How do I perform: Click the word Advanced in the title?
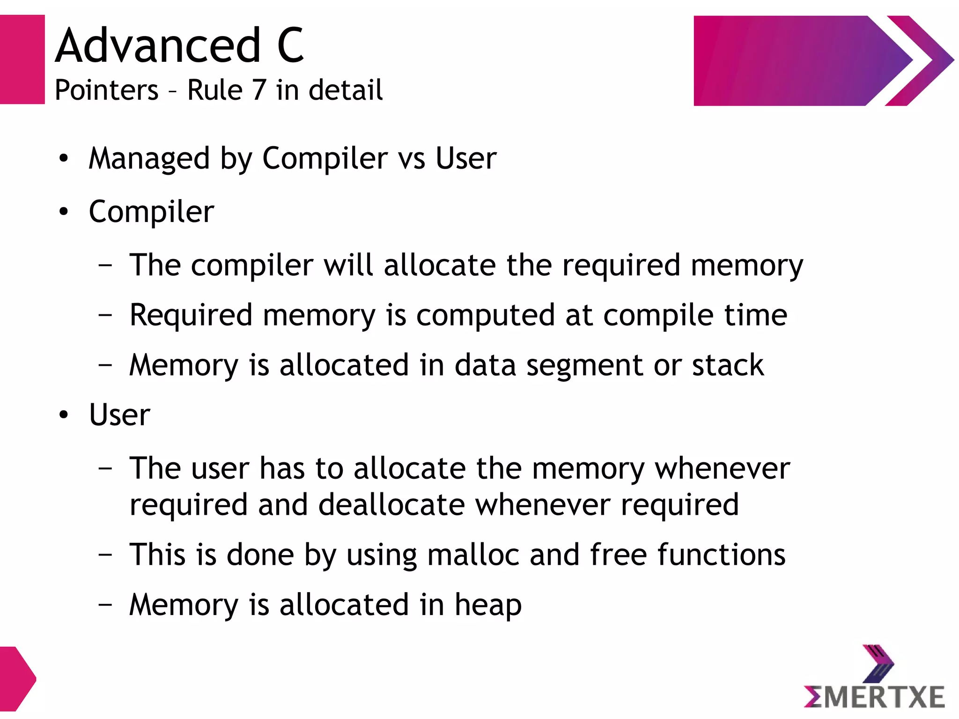tap(157, 45)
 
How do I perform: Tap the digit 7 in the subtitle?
tap(259, 90)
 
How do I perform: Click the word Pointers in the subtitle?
tap(106, 90)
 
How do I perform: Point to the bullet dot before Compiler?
tap(64, 212)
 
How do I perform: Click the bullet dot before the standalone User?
tap(64, 415)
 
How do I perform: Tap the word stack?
tap(728, 365)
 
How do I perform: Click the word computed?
tap(485, 315)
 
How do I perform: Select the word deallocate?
tap(391, 505)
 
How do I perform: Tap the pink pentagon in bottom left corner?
tap(16, 678)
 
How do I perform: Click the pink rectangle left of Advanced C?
tap(22, 59)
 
